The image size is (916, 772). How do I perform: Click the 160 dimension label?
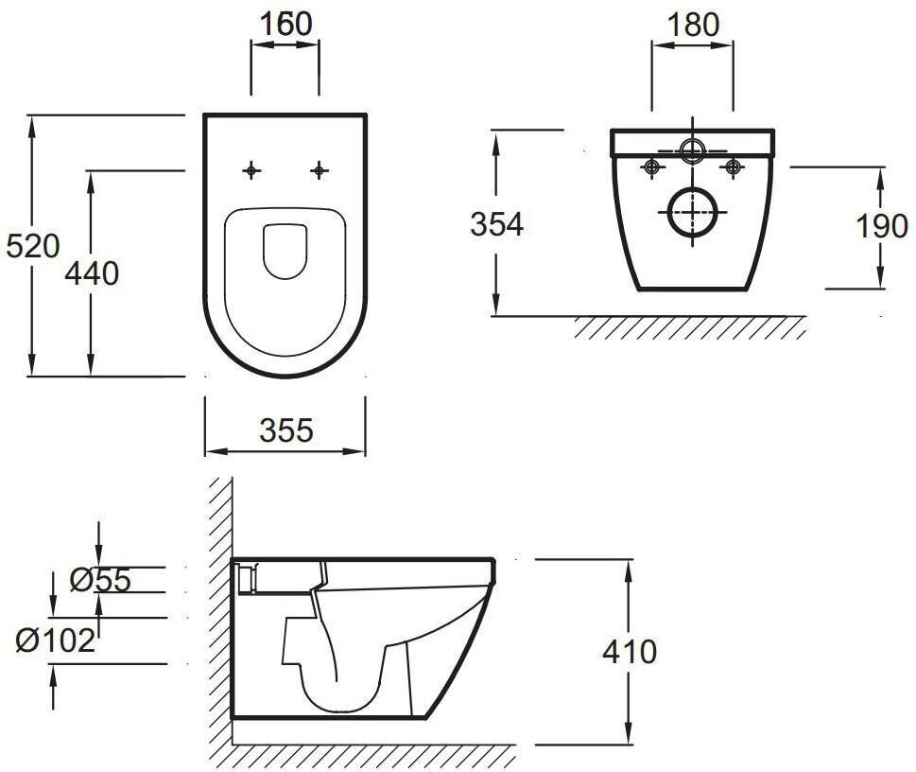285,24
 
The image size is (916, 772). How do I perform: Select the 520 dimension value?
33,246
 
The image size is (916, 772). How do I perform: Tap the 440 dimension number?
92,273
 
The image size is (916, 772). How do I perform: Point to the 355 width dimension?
285,430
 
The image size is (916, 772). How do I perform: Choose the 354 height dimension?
497,224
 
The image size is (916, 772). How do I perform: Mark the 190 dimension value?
882,227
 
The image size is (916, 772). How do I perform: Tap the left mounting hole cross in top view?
251,170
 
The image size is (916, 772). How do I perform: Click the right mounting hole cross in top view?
320,170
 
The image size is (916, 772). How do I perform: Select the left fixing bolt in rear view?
651,167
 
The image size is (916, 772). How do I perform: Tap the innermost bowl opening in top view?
285,252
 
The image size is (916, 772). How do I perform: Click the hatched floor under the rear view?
690,327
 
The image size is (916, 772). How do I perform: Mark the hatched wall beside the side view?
220,615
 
